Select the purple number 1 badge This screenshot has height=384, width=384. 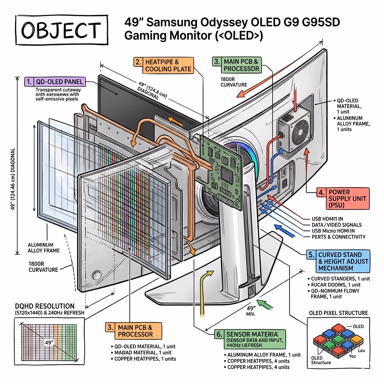click(29, 81)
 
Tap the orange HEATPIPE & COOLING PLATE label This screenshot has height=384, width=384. click(163, 65)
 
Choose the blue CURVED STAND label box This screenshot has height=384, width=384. click(338, 261)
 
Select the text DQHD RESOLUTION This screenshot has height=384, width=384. click(44, 306)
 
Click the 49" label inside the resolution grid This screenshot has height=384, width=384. click(49, 342)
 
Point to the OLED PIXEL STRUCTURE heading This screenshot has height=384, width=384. click(338, 313)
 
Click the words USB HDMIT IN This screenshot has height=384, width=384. click(327, 219)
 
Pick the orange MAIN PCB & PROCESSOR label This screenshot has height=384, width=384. click(134, 331)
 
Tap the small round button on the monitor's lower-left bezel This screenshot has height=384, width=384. click(97, 274)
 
